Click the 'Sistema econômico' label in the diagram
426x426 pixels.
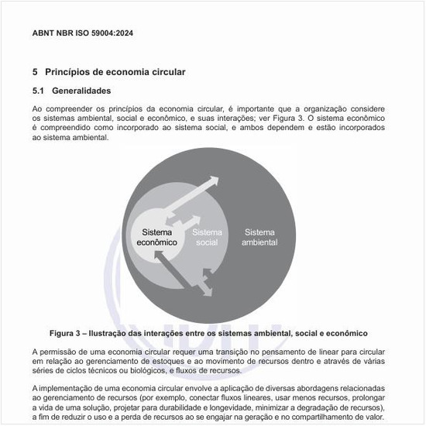pos(157,237)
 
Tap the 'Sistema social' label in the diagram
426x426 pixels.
pos(207,237)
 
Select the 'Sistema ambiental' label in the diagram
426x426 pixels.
pos(259,237)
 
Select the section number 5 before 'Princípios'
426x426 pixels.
pos(35,72)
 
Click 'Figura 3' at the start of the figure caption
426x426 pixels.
pos(70,333)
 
